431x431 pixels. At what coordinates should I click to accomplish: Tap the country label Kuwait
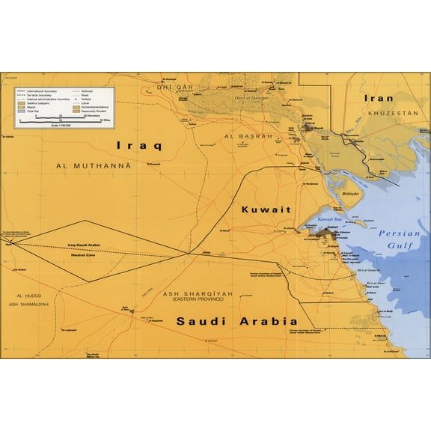pyautogui.click(x=266, y=210)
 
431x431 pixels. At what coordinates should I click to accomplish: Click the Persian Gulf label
pyautogui.click(x=402, y=238)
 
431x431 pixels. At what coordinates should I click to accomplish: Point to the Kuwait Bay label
pyautogui.click(x=329, y=220)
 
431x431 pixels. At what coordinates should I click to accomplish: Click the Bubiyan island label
pyautogui.click(x=350, y=193)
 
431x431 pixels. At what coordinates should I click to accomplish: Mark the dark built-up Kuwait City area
pyautogui.click(x=326, y=235)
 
